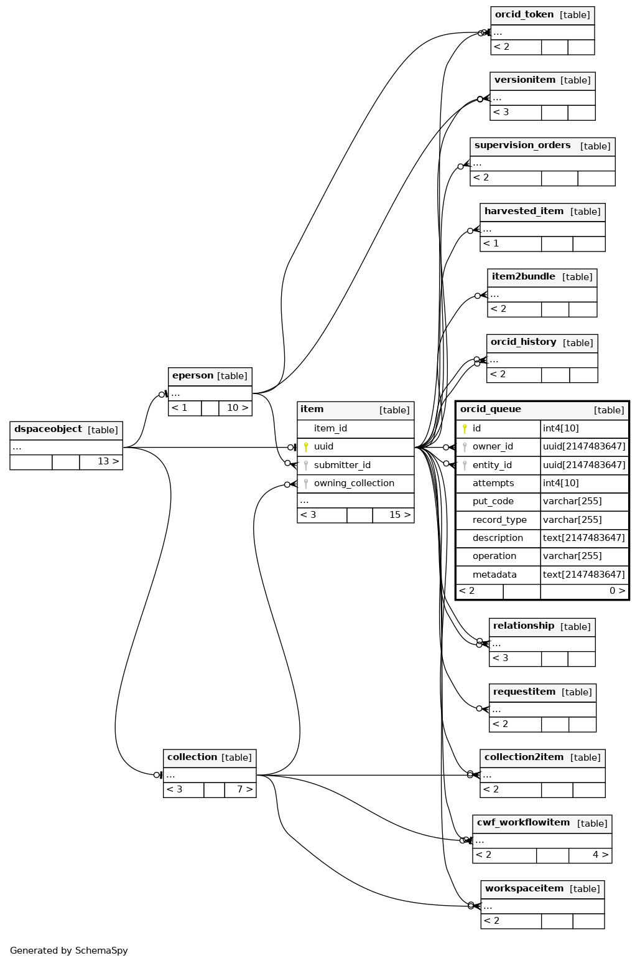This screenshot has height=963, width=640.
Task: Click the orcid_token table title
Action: click(524, 15)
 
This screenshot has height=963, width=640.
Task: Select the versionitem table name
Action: click(524, 80)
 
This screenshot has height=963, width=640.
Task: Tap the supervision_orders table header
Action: click(522, 146)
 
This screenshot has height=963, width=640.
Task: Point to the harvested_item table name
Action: click(524, 212)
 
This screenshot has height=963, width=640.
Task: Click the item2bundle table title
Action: click(523, 277)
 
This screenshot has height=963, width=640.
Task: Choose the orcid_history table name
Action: click(523, 342)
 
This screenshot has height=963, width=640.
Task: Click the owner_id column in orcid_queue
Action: click(493, 447)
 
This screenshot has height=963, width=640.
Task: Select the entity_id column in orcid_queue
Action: click(492, 465)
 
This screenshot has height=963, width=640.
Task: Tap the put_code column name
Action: click(493, 502)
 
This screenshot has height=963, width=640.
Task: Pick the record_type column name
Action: click(499, 520)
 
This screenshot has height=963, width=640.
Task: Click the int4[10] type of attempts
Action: click(560, 483)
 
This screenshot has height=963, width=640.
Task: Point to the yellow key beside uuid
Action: click(306, 447)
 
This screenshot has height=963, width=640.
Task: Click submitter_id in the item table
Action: click(342, 465)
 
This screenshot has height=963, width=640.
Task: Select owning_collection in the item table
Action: click(354, 483)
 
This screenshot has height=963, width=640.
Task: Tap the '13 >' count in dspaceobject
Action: click(108, 462)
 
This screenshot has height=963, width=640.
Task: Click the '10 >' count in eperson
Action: click(237, 408)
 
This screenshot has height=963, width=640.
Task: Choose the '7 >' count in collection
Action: click(244, 789)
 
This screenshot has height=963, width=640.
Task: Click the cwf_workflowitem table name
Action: click(523, 823)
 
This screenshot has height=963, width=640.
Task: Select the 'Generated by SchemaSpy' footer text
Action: click(69, 951)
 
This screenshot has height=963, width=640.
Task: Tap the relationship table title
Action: click(523, 626)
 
